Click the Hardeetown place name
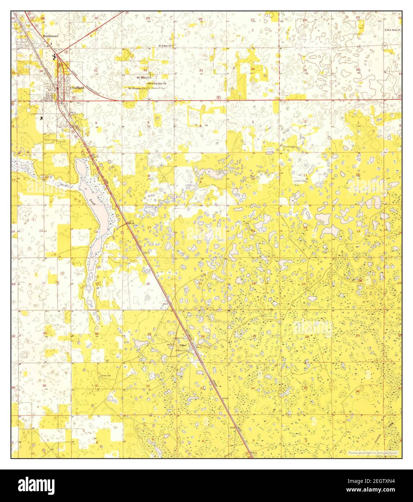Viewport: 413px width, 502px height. coord(50,36)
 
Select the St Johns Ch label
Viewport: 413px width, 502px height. coord(166,46)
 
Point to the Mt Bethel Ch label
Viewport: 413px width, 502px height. coord(144,77)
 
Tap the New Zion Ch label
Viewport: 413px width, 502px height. coord(393,30)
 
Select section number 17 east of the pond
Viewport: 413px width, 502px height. coord(149,227)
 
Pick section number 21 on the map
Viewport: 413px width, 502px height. coord(201,284)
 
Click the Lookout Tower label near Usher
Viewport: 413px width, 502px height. coord(179,338)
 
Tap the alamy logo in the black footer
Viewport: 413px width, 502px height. coord(36,485)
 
